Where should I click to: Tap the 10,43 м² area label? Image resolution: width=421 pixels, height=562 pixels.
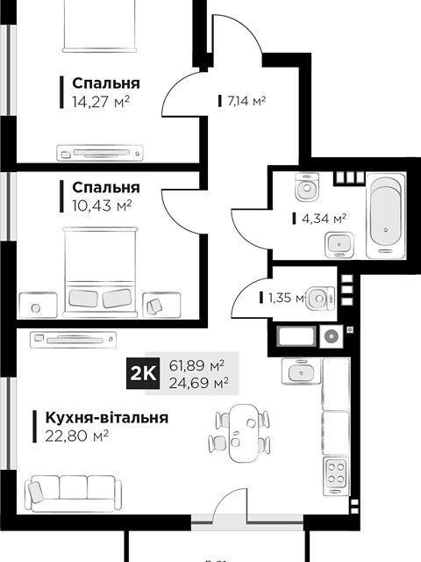pyautogui.click(x=102, y=205)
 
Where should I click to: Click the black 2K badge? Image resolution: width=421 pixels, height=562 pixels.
pyautogui.click(x=143, y=372)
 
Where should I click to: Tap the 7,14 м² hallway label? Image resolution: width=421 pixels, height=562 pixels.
pyautogui.click(x=246, y=101)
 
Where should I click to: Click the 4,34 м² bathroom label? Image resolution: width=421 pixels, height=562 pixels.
pyautogui.click(x=318, y=219)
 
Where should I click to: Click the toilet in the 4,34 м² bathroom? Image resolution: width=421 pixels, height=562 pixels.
pyautogui.click(x=306, y=187)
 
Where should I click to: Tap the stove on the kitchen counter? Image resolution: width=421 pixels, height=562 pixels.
pyautogui.click(x=336, y=474)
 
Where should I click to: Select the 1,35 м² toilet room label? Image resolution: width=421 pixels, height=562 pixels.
pyautogui.click(x=282, y=298)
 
